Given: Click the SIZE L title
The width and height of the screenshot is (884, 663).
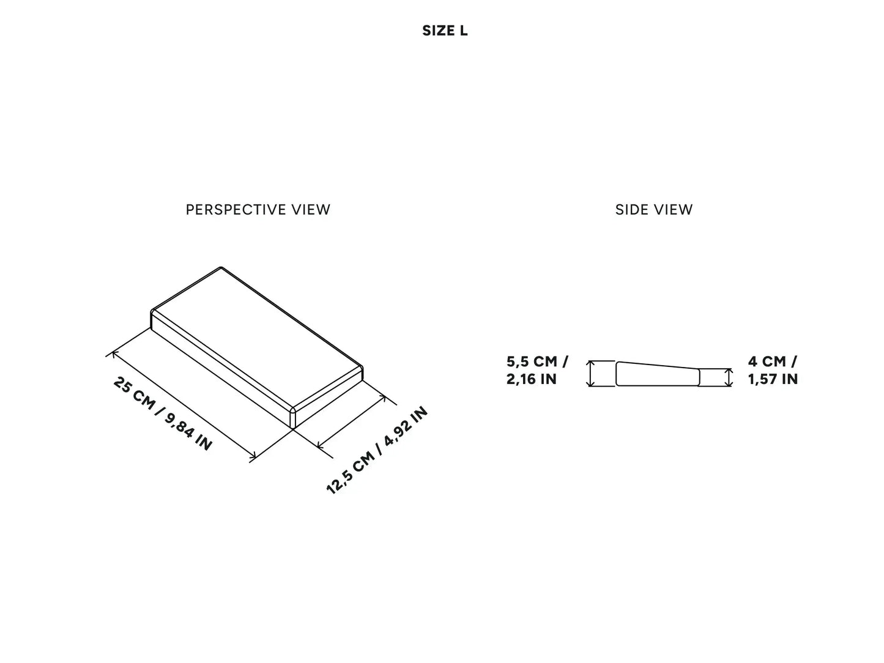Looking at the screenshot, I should click(445, 31).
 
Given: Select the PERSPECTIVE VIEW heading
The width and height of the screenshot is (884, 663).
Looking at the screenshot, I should click(258, 210).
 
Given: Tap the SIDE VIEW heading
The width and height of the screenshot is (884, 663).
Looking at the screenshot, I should click(654, 210).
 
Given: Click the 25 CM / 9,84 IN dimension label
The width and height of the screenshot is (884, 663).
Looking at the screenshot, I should click(163, 414).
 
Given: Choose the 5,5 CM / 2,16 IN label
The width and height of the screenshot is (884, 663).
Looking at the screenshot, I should click(537, 370).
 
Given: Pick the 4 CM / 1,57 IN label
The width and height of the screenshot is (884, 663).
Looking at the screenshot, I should click(773, 370).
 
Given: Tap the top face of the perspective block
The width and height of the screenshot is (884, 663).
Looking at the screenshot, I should click(257, 336).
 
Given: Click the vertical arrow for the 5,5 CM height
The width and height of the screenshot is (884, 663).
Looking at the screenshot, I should click(590, 374).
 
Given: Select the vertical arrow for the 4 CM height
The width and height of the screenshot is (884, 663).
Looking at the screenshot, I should click(728, 377).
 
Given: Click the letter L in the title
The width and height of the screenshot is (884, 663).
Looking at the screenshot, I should click(464, 31).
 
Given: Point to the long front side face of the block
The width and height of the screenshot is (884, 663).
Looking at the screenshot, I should click(220, 367).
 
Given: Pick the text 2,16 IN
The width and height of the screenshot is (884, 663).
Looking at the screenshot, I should click(532, 379).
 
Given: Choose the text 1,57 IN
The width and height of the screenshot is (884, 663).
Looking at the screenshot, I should click(773, 379).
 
